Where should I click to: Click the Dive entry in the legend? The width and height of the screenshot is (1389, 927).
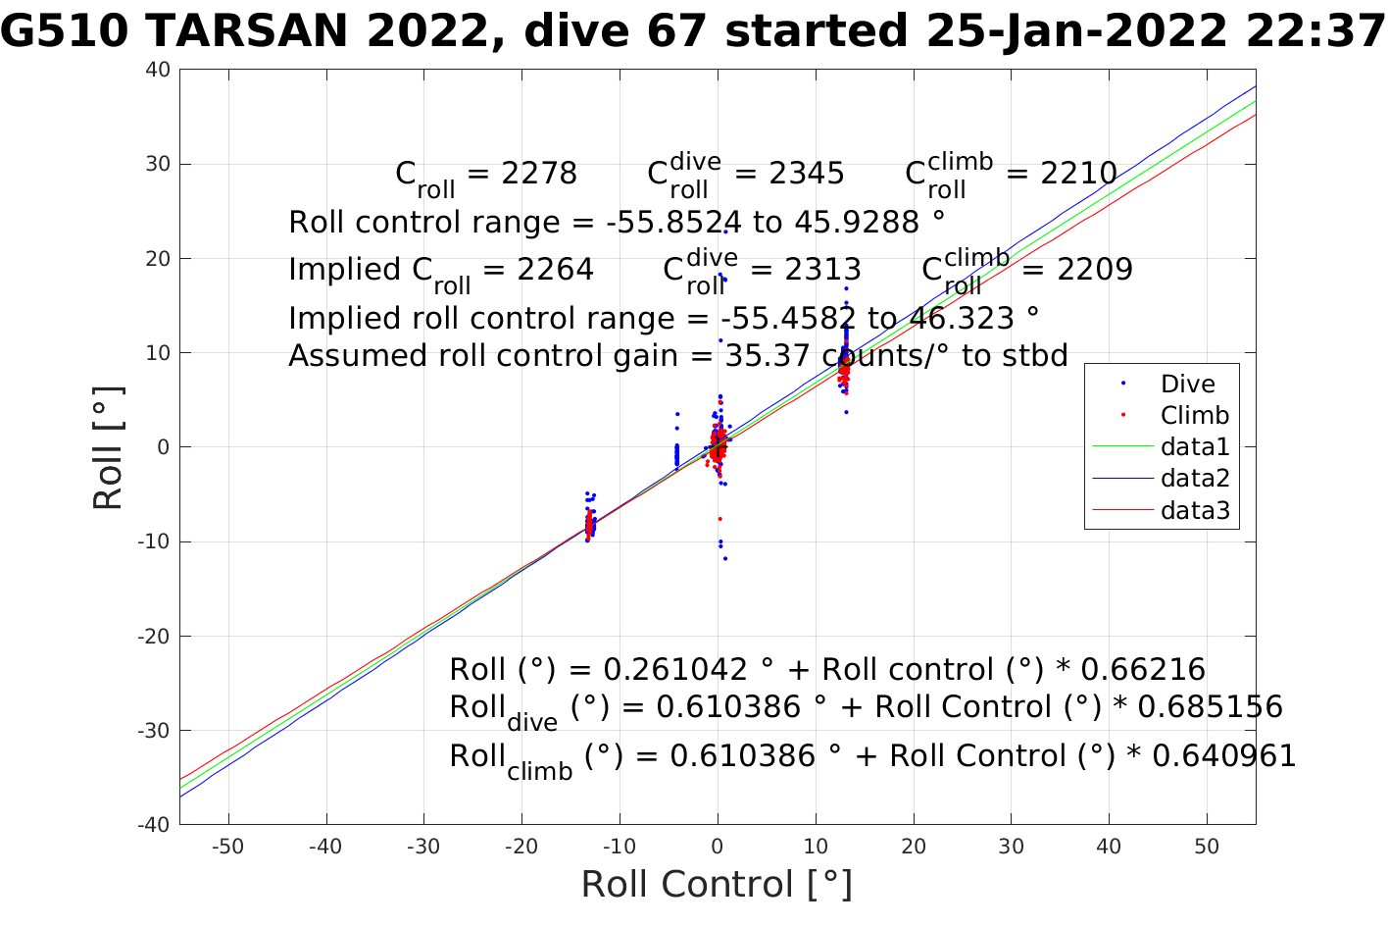tap(1187, 385)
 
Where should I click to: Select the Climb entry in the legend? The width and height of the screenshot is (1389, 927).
tap(1194, 416)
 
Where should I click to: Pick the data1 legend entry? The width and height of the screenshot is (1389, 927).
tap(1194, 447)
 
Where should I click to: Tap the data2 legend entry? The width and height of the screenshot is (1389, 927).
tap(1194, 479)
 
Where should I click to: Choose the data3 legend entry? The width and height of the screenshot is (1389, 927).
tap(1194, 510)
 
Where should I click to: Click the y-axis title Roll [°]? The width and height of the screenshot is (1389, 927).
tap(108, 448)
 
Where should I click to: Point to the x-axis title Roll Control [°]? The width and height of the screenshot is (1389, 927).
tap(717, 884)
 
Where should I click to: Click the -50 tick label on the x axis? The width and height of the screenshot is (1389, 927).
tap(228, 847)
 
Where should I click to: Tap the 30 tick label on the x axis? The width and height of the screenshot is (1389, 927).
tap(1012, 847)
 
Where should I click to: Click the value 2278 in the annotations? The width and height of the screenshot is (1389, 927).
tap(539, 174)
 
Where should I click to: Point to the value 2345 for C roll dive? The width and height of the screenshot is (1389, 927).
tap(807, 174)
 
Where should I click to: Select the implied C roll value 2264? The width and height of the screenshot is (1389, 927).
tap(556, 270)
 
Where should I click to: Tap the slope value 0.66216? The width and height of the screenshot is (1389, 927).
tap(1143, 670)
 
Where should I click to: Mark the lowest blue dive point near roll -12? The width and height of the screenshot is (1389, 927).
tap(725, 558)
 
